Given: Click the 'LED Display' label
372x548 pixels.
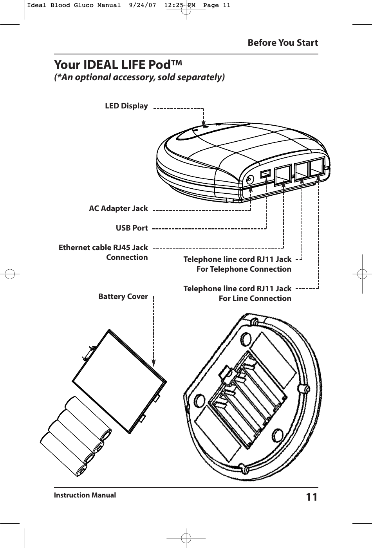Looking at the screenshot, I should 126,106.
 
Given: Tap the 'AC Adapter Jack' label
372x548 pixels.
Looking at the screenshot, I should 119,208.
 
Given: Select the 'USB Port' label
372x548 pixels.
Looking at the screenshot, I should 132,228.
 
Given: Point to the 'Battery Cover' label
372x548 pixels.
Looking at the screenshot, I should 123,297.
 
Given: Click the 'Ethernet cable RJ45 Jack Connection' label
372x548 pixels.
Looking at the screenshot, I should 103,252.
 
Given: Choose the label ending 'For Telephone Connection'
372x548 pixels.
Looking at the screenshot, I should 237,264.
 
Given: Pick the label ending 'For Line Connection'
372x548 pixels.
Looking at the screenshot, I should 237,294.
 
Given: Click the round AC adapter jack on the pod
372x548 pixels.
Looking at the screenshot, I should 250,180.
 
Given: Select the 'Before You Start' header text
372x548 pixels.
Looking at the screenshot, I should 283,43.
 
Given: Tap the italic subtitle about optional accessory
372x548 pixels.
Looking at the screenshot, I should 139,77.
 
